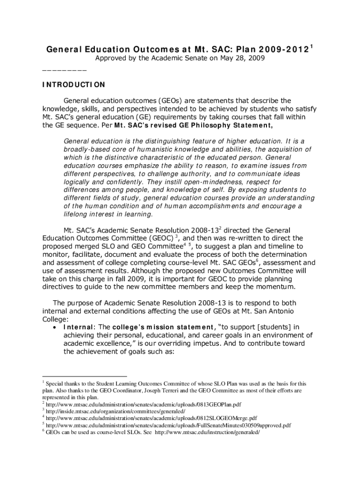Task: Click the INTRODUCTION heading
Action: tap(73, 85)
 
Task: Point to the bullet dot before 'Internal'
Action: tap(56, 327)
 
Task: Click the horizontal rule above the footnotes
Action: tap(84, 376)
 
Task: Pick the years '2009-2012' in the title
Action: tap(281, 49)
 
